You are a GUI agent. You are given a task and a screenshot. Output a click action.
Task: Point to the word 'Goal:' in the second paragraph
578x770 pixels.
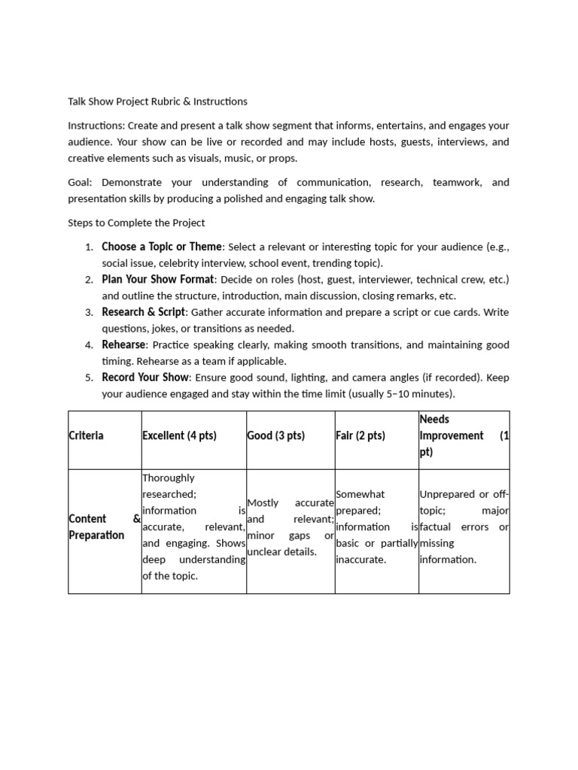(81, 182)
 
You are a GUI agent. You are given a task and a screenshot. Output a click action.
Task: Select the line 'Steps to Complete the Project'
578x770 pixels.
(136, 223)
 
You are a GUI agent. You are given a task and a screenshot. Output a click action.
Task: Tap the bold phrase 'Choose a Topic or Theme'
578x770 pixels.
(162, 247)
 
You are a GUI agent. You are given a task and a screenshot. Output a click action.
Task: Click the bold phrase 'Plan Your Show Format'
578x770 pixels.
(157, 279)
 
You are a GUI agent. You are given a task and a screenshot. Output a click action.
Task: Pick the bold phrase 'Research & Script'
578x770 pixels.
(143, 312)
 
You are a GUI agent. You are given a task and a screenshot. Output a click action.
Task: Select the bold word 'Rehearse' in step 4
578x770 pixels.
(124, 344)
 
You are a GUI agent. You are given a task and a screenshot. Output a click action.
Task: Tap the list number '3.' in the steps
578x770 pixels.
(89, 312)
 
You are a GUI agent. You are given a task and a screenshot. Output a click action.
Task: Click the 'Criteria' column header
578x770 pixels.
(86, 435)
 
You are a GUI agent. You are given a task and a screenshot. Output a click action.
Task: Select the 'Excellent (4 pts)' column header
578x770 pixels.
(178, 435)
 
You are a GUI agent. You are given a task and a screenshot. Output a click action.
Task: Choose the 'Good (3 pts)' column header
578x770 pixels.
(275, 435)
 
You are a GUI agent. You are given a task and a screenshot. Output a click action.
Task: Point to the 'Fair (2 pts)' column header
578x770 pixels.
(360, 435)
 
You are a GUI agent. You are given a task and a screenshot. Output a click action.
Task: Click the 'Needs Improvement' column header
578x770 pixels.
(451, 435)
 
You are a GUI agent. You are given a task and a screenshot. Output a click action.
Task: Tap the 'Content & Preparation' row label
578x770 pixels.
(96, 526)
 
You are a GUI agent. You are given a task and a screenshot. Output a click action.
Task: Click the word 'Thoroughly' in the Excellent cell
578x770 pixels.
(168, 477)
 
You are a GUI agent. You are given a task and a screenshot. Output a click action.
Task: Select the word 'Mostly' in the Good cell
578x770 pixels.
(263, 502)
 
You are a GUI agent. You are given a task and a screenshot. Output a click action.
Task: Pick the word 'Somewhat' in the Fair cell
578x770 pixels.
(360, 494)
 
